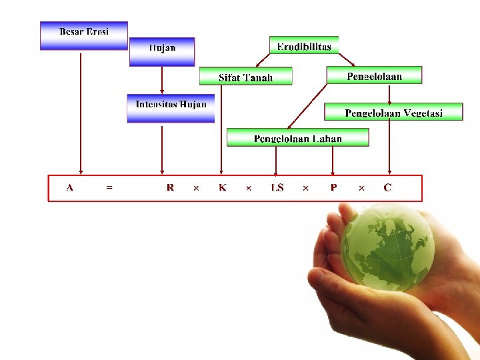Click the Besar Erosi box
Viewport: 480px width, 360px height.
tap(83, 35)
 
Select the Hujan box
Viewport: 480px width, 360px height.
tap(162, 51)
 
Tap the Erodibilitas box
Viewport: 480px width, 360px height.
tap(304, 45)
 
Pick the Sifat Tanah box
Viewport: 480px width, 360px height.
tap(245, 76)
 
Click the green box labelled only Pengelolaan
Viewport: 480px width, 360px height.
tap(374, 75)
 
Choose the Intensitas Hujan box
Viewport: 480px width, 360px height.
tap(171, 108)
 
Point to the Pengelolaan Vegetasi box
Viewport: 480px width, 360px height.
tap(393, 111)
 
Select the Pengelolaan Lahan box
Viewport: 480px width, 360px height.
tap(297, 137)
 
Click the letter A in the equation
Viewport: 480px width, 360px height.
tap(70, 188)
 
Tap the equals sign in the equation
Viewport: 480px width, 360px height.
tap(109, 188)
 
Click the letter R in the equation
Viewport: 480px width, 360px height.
tap(170, 188)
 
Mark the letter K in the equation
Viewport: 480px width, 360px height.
tap(223, 188)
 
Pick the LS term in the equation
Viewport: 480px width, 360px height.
tap(277, 188)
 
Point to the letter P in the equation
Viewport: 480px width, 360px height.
tap(333, 188)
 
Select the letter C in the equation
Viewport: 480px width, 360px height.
tap(387, 188)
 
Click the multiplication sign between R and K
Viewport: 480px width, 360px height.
tap(196, 189)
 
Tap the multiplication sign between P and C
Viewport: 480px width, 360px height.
tap(361, 189)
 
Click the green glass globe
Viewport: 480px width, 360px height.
tap(387, 248)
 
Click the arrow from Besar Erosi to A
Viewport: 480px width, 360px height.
tap(81, 113)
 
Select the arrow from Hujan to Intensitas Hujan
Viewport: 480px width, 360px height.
tap(162, 80)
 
